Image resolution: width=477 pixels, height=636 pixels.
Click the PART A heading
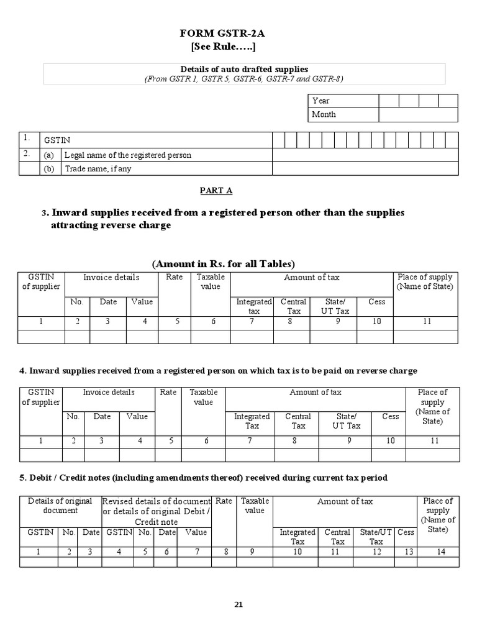(216, 190)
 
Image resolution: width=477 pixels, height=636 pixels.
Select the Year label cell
(343, 101)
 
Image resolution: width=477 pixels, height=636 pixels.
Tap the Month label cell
(343, 114)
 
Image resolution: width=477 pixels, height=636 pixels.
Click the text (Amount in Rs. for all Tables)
(224, 263)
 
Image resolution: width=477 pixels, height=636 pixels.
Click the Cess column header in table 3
(376, 302)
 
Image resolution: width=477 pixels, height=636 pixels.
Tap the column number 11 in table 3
(425, 322)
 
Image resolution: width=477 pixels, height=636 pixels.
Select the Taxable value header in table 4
(203, 397)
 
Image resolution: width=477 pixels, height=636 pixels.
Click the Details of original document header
(60, 506)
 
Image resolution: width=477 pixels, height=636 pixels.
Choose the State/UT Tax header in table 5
(376, 537)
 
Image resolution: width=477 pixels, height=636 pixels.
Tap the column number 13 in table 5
(406, 551)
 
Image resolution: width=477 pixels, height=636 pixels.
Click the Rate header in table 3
(175, 277)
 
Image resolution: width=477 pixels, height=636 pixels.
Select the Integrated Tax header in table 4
(252, 421)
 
